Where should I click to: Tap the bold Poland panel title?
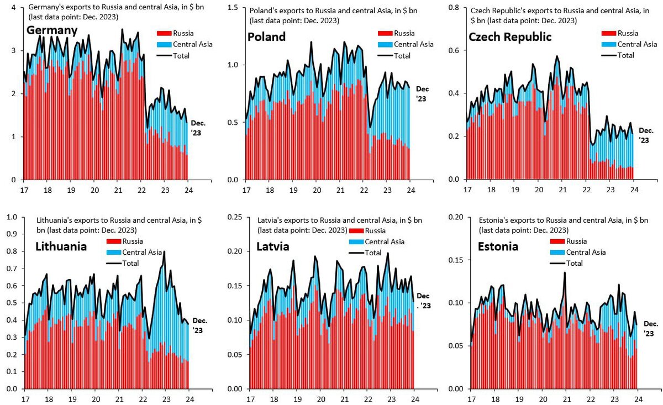[266, 37]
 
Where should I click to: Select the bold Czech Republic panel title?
[509, 37]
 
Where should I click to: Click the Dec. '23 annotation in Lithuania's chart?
[200, 325]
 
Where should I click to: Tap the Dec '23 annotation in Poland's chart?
[422, 93]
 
